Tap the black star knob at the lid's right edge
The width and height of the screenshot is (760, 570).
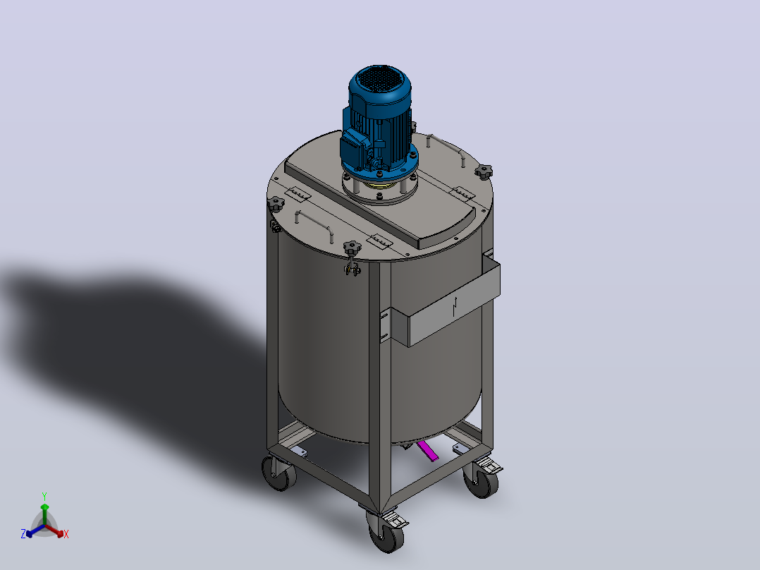483,171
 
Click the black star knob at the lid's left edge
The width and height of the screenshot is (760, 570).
275,203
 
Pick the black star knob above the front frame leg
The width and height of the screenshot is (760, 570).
353,248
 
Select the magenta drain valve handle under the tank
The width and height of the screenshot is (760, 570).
428,451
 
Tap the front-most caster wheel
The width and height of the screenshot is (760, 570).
386,537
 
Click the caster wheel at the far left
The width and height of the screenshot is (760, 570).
278,473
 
